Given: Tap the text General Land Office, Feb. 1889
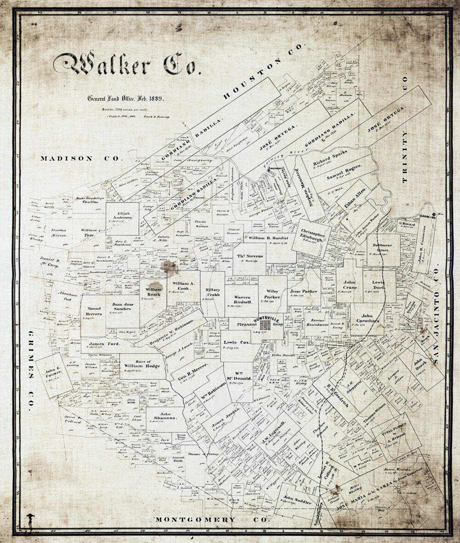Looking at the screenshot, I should (x=126, y=98).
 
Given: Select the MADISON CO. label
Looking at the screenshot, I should (x=81, y=158).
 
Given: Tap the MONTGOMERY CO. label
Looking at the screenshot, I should (x=211, y=520).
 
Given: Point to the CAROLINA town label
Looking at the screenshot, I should (x=427, y=217).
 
